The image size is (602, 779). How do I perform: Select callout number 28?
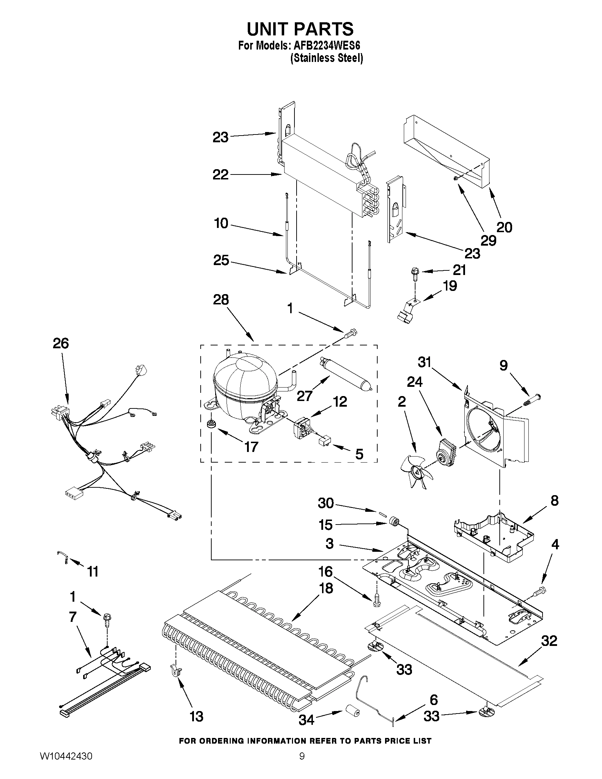pos(221,300)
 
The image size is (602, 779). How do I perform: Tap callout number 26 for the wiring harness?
pos(61,343)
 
